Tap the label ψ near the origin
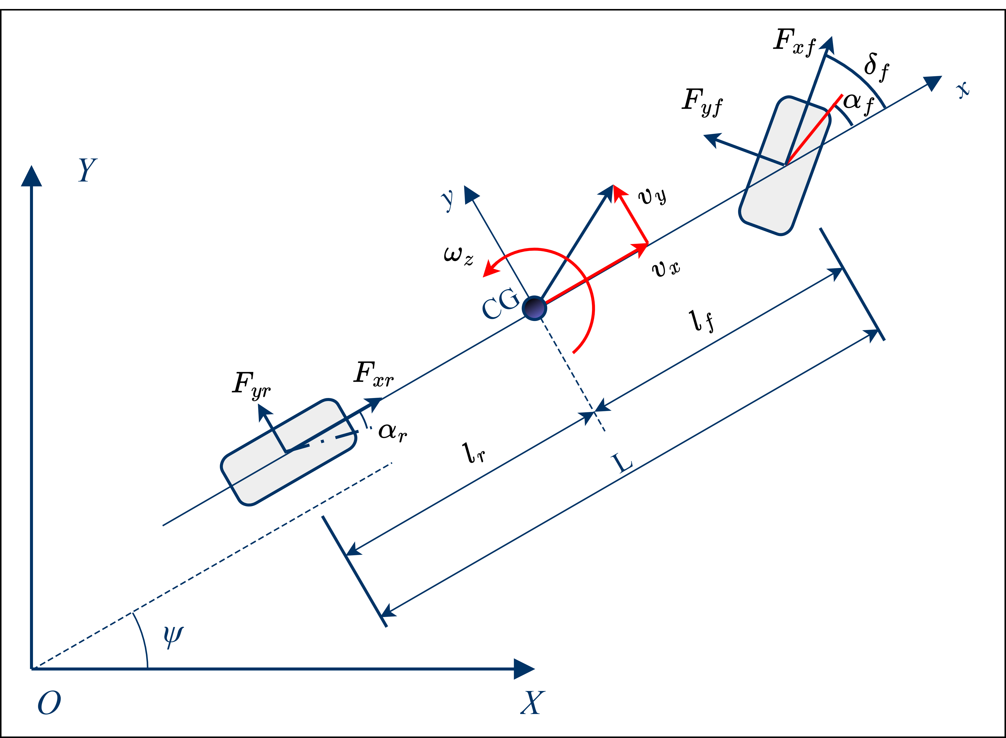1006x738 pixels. (x=173, y=636)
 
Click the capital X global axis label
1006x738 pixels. (x=532, y=703)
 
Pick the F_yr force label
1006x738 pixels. (x=251, y=385)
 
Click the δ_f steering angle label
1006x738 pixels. (x=876, y=67)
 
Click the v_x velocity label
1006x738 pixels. (x=666, y=269)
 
